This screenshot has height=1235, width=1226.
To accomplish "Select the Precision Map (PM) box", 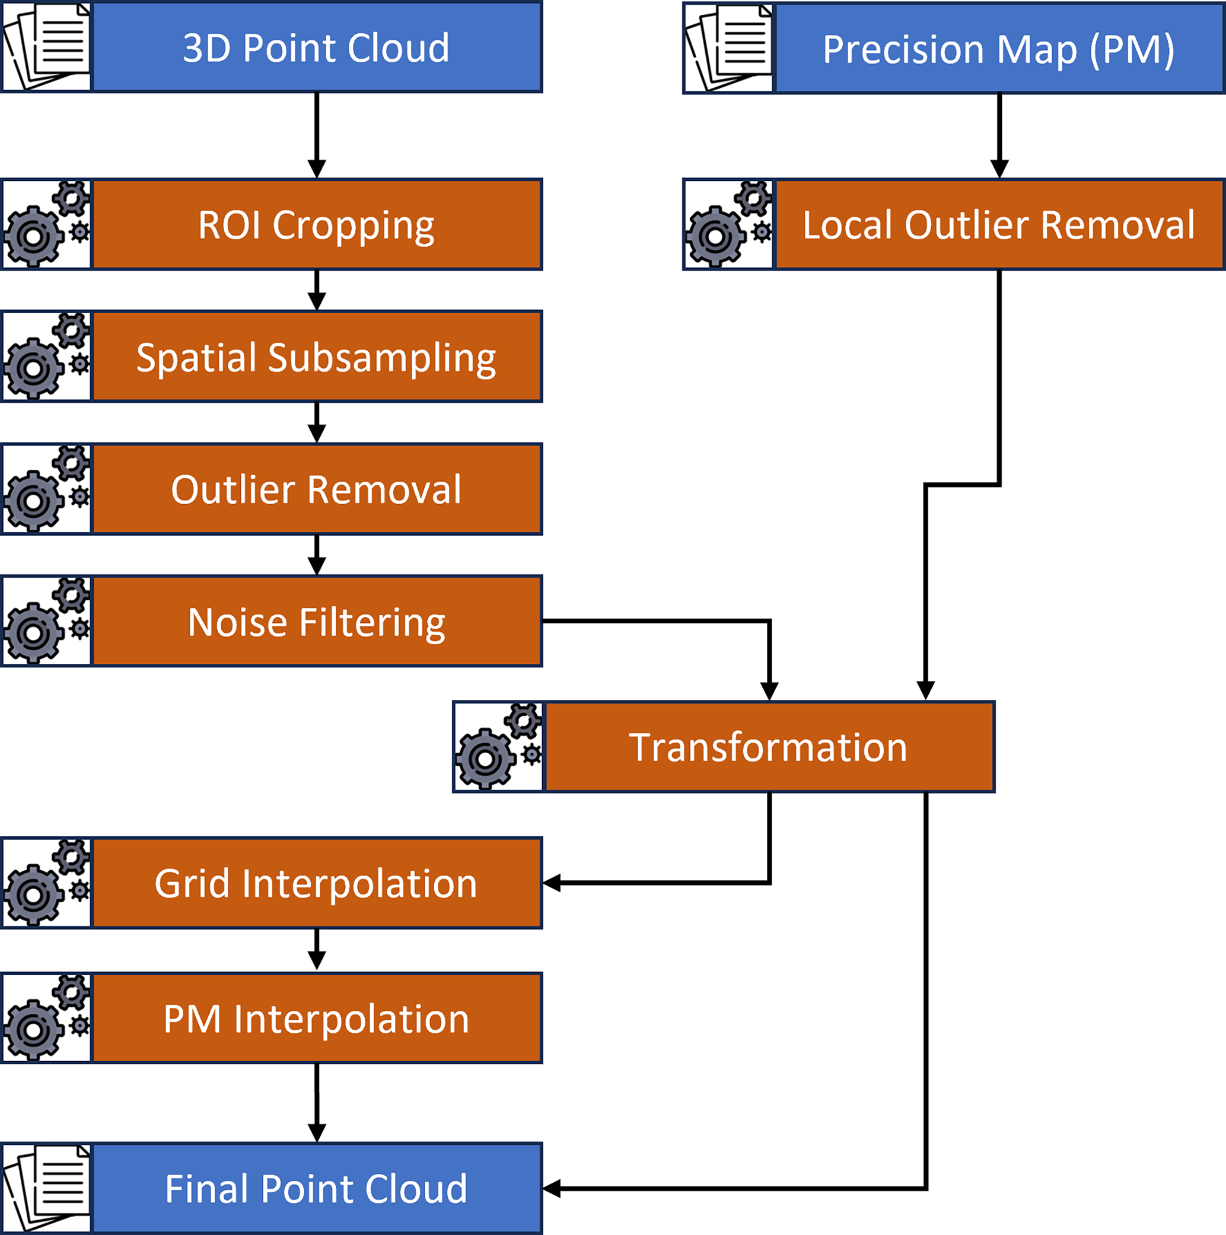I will point(998,49).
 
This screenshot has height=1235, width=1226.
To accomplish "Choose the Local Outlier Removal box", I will point(998,224).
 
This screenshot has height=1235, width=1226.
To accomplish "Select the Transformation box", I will point(769,747).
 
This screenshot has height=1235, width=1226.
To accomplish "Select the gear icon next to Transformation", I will point(499,747).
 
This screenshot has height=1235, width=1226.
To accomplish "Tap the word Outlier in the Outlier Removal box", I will point(235,489).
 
